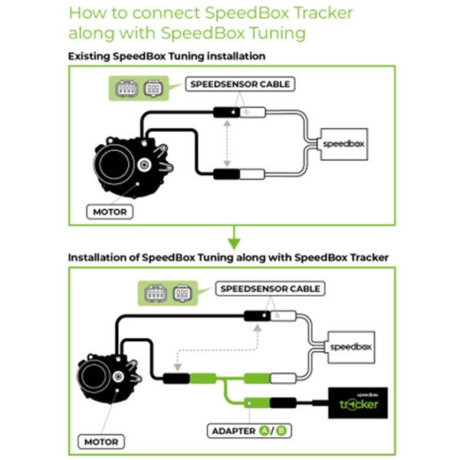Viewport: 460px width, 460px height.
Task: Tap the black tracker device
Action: coord(358,402)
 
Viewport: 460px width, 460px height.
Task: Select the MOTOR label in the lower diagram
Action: coord(102,442)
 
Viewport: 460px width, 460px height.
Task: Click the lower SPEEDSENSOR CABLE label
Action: coord(271,289)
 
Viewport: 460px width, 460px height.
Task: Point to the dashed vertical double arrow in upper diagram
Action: coord(227,143)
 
